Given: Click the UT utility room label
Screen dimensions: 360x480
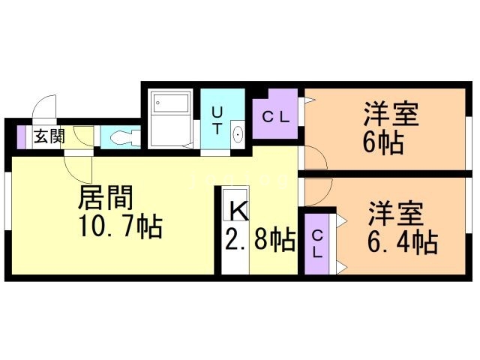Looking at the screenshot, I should [x=217, y=120].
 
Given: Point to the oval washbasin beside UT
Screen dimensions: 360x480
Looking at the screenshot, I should [x=238, y=135].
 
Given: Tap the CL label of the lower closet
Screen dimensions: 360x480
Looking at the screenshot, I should [x=316, y=244].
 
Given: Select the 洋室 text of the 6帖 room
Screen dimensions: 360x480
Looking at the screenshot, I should [x=391, y=115].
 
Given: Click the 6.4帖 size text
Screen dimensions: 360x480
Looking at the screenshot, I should [x=402, y=242].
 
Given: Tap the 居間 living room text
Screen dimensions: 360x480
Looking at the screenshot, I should [x=106, y=198].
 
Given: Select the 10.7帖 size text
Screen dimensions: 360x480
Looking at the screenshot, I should [x=120, y=226].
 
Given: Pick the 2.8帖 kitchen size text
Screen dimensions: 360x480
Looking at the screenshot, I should [x=259, y=240].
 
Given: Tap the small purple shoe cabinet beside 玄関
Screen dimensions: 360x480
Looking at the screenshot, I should [x=21, y=136].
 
